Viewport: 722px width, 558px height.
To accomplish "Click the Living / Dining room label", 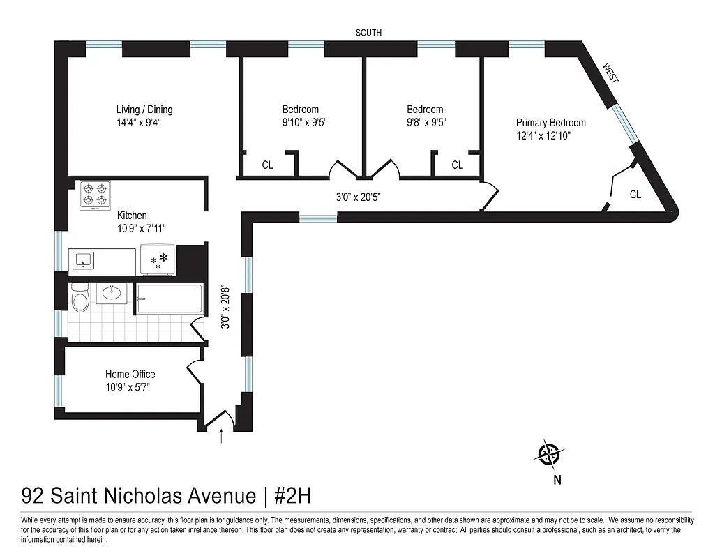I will click(x=144, y=110).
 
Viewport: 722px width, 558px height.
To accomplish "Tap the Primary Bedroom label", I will click(x=550, y=123).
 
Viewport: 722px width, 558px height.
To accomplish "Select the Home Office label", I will click(x=130, y=375).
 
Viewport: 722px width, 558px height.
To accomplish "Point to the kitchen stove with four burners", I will click(x=96, y=195).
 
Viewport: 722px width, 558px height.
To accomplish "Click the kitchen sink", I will click(x=84, y=260).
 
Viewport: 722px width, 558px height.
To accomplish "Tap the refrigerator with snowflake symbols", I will click(x=158, y=259).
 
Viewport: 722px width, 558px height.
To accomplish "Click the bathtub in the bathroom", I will click(x=170, y=301).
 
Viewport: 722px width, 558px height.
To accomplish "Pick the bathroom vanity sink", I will click(x=111, y=293).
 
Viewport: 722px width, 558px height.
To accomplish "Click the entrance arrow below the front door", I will click(x=222, y=437).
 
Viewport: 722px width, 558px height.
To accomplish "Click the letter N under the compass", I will click(x=557, y=479).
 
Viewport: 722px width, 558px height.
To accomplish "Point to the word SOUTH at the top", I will click(x=368, y=33).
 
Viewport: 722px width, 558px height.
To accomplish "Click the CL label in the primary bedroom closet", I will click(x=635, y=195).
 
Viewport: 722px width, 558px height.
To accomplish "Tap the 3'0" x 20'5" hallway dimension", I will click(x=357, y=197).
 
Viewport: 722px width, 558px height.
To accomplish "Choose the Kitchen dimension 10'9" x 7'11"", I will click(x=141, y=228).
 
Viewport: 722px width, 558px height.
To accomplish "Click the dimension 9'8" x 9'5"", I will click(x=426, y=122).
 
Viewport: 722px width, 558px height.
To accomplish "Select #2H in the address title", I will click(x=292, y=496).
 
